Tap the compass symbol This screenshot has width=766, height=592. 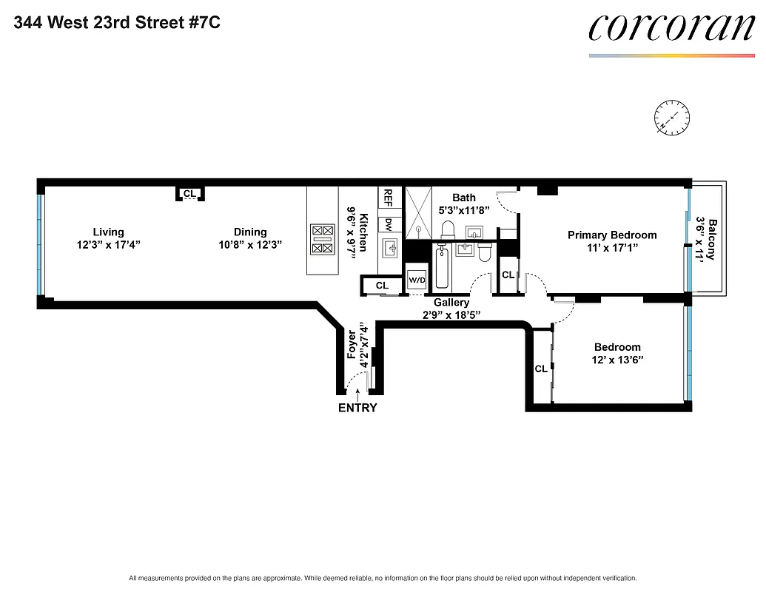click(671, 118)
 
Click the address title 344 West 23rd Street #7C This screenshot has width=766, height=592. click(116, 22)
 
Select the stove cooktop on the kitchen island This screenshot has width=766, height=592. click(323, 240)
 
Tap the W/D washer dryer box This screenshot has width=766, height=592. click(417, 280)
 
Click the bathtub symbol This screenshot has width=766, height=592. click(442, 269)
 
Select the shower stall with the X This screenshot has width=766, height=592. click(418, 211)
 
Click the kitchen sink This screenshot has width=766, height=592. click(389, 246)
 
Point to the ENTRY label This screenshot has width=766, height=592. click(357, 408)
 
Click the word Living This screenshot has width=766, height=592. click(108, 232)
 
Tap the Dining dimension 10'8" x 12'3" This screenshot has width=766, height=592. click(250, 244)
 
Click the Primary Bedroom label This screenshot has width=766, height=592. click(612, 235)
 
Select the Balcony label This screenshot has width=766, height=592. click(712, 238)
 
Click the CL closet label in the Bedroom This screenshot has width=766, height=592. click(541, 369)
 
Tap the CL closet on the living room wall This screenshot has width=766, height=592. click(190, 194)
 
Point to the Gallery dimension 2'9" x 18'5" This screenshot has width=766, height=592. click(451, 314)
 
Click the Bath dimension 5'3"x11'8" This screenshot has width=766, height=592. click(464, 210)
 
